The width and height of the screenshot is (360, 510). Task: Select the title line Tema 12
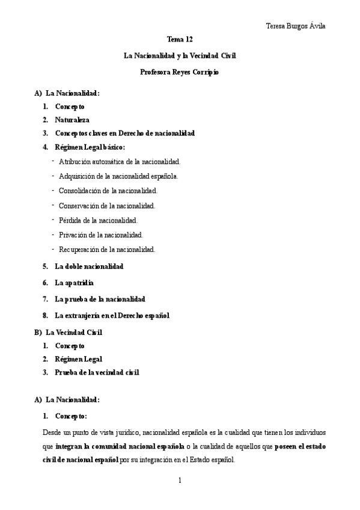(180, 39)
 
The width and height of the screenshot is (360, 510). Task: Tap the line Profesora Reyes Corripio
(180, 72)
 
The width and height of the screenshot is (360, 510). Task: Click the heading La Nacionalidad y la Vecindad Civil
(180, 56)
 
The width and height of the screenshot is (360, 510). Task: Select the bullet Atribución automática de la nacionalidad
(120, 162)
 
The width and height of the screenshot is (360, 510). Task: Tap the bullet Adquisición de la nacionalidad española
(118, 176)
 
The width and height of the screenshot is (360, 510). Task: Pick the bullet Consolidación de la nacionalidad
(108, 191)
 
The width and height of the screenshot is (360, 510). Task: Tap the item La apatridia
(75, 282)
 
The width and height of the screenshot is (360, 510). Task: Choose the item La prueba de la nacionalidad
(100, 298)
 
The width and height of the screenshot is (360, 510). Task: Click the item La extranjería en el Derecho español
(112, 315)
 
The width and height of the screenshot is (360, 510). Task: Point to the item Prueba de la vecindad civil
(97, 372)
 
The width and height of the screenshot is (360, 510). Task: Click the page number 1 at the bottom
(180, 480)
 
